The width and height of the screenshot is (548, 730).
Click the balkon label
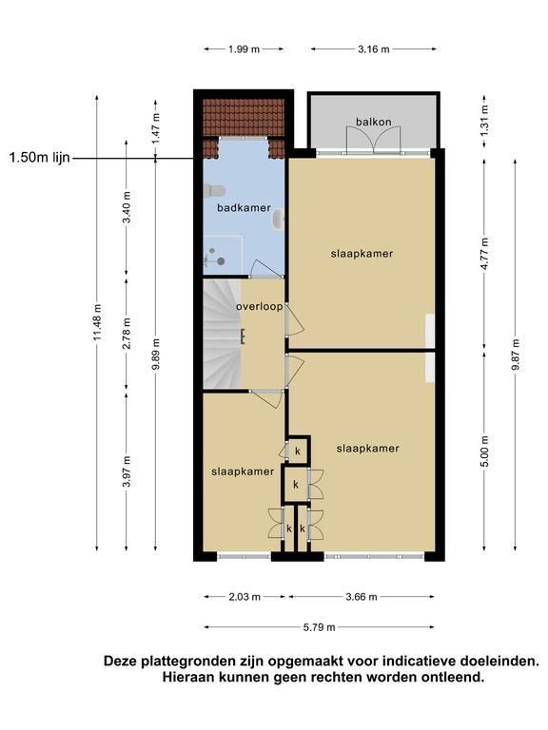click(373, 122)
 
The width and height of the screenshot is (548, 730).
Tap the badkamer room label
click(244, 207)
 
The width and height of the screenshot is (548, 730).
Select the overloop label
click(259, 307)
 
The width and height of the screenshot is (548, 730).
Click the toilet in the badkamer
click(214, 190)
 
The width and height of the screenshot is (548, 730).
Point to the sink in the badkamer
click(279, 220)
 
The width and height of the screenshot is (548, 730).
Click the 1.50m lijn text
click(40, 158)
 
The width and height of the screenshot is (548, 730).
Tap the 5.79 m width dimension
click(320, 627)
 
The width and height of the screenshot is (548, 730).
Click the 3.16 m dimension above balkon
click(374, 48)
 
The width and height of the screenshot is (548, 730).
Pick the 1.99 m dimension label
click(245, 48)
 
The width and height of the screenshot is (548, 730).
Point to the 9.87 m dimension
click(515, 355)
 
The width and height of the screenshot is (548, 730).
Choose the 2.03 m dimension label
click(245, 596)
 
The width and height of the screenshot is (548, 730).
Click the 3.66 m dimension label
click(362, 596)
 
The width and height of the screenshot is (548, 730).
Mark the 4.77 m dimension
click(484, 254)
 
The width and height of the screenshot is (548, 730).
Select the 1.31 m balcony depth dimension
click(484, 121)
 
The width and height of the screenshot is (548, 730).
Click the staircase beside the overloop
click(222, 334)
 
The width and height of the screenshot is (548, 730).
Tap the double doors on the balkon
click(373, 140)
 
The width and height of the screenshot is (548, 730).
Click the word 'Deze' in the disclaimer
click(119, 661)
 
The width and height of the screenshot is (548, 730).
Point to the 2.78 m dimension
click(127, 334)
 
